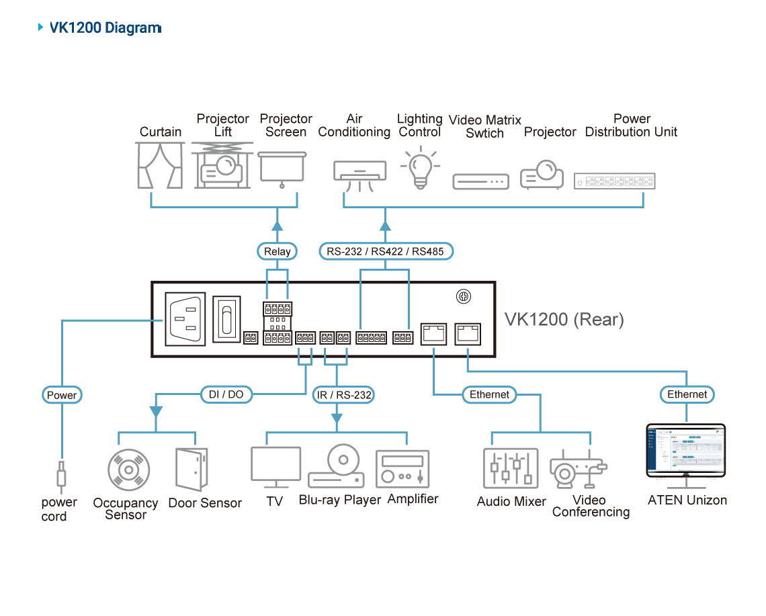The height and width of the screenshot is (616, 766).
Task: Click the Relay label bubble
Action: tap(278, 252)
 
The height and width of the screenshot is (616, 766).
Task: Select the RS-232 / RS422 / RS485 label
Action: tap(385, 252)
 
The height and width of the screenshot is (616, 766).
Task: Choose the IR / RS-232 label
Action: tap(343, 395)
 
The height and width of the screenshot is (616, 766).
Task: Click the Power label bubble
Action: tap(62, 395)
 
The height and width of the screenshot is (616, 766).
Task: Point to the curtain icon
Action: tap(160, 167)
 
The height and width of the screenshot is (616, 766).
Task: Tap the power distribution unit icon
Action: tap(615, 181)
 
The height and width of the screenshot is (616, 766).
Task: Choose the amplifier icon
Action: tap(402, 468)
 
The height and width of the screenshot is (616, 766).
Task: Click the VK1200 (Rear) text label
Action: tap(564, 320)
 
